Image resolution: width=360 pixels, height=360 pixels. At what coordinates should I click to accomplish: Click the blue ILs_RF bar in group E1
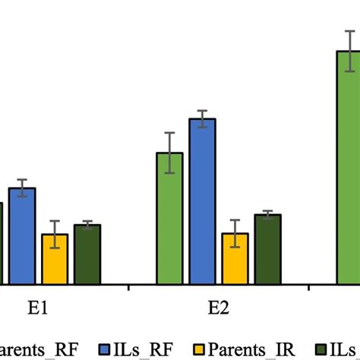[x=22, y=236]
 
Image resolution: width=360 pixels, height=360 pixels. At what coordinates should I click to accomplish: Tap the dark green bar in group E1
[x=87, y=254]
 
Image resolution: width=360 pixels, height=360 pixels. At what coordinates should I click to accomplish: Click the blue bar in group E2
[x=202, y=202]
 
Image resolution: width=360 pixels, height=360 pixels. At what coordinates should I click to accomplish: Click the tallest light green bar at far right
[x=348, y=167]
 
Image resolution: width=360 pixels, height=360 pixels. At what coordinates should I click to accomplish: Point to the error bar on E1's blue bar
[x=22, y=188]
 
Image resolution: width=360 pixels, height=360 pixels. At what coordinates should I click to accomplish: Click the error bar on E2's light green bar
[x=169, y=153]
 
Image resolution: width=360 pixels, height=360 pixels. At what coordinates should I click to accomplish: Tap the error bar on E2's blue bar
[x=202, y=119]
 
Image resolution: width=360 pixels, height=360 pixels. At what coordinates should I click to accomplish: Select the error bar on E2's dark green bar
[x=267, y=215]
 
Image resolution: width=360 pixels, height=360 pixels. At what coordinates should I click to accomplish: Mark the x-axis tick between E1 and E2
[x=128, y=287]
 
